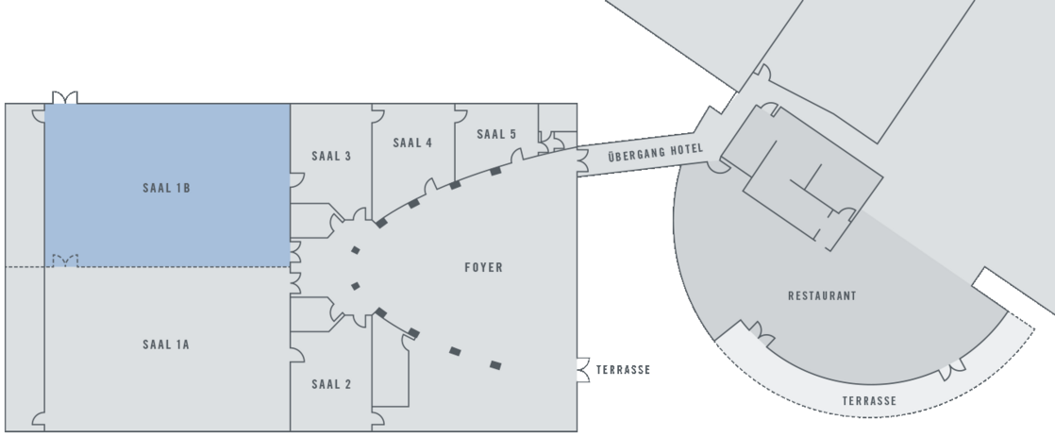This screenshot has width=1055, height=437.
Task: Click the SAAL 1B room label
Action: [x=166, y=188]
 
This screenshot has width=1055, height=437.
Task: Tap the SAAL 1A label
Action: [x=166, y=345]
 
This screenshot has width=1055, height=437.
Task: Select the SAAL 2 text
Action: [x=331, y=384]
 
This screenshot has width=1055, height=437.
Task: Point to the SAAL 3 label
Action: [x=331, y=157]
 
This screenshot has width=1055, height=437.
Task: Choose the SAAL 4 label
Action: [x=412, y=143]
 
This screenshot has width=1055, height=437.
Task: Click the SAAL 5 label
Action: [x=496, y=134]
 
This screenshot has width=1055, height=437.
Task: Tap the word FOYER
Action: [x=484, y=267]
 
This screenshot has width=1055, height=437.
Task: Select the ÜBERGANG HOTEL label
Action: [x=656, y=152]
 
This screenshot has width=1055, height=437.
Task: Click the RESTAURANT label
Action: [x=822, y=295]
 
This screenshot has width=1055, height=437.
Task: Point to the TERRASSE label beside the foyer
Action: [x=623, y=370]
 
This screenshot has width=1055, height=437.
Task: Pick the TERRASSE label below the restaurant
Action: [x=869, y=400]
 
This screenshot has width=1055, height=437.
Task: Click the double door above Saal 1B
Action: [x=65, y=97]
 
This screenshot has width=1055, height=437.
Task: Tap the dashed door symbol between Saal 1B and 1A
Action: [x=65, y=261]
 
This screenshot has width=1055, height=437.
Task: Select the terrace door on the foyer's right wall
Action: [x=583, y=370]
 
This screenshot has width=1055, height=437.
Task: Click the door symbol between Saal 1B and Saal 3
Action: [x=296, y=179]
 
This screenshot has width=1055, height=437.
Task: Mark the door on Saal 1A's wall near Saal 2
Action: [x=296, y=355]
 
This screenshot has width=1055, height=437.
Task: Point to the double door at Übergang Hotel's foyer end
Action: [x=582, y=162]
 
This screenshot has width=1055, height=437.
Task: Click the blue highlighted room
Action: [x=168, y=185]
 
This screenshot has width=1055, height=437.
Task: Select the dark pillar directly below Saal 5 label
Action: [x=495, y=171]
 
